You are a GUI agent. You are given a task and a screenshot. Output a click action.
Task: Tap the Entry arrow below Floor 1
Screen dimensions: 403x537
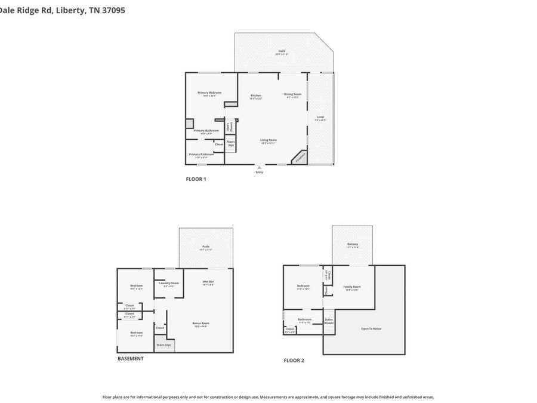coord(259,168)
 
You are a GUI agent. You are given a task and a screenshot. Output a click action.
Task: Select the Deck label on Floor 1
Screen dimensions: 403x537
coord(282,51)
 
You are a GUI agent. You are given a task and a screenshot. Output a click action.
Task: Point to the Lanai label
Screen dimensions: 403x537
coord(320,117)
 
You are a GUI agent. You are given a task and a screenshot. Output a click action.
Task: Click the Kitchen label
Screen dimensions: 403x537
coord(256,96)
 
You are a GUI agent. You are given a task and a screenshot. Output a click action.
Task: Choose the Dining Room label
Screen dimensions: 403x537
coord(292,94)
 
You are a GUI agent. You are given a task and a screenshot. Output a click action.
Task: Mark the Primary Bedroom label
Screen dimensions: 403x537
coord(209,93)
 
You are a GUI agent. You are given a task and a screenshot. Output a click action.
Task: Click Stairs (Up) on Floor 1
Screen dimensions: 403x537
coord(230,143)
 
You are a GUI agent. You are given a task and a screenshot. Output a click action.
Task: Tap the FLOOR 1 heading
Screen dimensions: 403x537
coord(196,179)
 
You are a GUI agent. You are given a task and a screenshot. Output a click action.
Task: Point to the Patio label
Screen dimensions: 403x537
coord(206,247)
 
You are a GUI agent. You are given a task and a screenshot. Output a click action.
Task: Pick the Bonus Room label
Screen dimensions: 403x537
coord(200,324)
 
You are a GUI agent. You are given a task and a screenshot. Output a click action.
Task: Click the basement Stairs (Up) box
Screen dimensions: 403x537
coord(164,345)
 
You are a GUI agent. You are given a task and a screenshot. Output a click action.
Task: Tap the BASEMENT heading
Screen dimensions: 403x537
coord(130,358)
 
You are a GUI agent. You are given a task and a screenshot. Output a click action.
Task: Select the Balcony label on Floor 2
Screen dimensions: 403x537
coord(353,244)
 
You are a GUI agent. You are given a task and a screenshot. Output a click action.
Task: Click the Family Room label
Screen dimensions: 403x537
coord(352,287)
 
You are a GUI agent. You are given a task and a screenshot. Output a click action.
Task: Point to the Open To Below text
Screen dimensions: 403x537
coord(371,328)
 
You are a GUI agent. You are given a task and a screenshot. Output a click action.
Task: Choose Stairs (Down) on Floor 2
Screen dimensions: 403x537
coord(329,321)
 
